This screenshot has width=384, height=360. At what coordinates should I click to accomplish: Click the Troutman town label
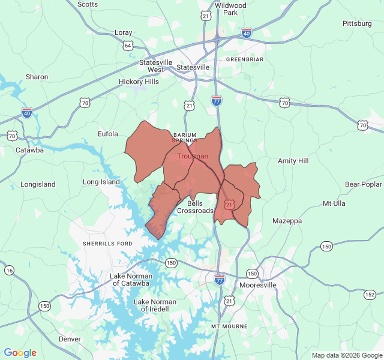click(193, 156)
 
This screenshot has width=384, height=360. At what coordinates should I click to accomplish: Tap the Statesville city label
click(193, 67)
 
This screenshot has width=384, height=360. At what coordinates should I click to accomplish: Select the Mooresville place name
click(257, 285)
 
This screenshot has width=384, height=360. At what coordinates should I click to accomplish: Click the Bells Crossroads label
click(195, 207)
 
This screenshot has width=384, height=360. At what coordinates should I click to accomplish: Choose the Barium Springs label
click(185, 137)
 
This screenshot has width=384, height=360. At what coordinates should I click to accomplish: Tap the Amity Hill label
click(293, 161)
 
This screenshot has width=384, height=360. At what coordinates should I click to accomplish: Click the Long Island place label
click(101, 182)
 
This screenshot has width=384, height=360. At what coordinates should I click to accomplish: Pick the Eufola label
click(108, 134)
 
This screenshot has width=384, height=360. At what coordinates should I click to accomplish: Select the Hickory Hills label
click(139, 82)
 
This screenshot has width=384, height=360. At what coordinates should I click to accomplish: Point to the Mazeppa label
click(287, 221)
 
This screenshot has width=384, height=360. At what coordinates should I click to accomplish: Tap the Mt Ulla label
click(334, 203)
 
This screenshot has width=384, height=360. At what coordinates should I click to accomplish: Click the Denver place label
click(70, 339)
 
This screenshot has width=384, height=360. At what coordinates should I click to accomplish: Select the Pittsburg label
click(357, 23)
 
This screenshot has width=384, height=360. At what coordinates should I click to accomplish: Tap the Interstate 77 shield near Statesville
click(217, 100)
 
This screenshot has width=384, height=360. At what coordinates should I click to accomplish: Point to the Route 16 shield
click(9, 271)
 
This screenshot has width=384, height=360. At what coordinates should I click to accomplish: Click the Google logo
click(20, 353)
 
